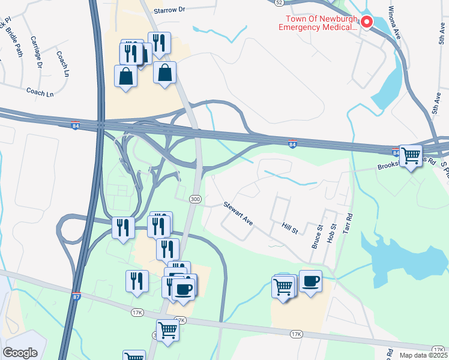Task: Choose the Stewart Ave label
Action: pyautogui.click(x=239, y=214)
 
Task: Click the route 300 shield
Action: pyautogui.click(x=194, y=199)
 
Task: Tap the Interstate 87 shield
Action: pyautogui.click(x=76, y=296)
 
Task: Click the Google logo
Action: pyautogui.click(x=20, y=353)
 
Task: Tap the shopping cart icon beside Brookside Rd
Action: pyautogui.click(x=411, y=156)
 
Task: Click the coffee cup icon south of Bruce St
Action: pyautogui.click(x=310, y=281)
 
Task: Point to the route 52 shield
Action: pyautogui.click(x=279, y=2)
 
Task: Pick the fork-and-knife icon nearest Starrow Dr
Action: pyautogui.click(x=160, y=43)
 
